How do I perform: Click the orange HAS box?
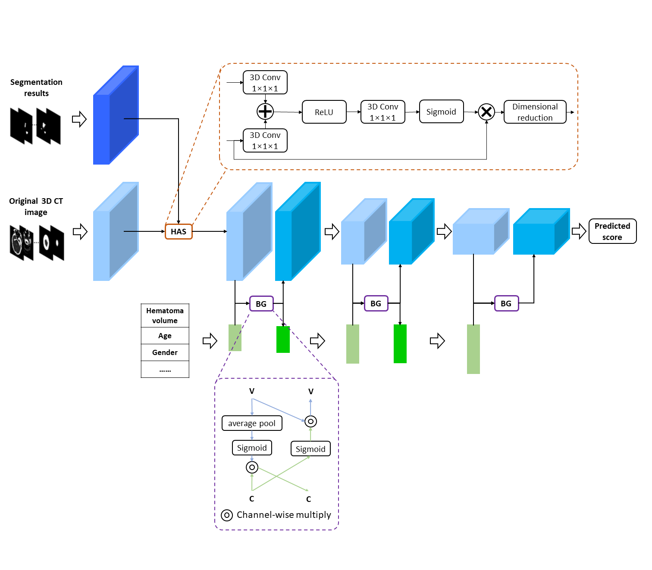point(179,232)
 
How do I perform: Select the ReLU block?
point(324,112)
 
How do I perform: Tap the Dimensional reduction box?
point(535,112)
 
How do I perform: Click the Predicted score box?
point(612,231)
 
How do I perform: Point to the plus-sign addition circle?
point(265,112)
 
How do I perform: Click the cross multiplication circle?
point(486,112)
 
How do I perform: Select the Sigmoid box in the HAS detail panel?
point(441,112)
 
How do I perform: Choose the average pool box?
point(252,423)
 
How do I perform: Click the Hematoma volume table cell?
point(165,315)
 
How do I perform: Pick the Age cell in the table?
point(165,336)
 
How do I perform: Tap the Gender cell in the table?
point(165,352)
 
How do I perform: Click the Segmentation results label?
point(36,87)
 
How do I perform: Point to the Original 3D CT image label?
point(36,206)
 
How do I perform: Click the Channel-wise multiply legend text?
point(284,515)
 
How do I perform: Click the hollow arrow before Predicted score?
point(579,231)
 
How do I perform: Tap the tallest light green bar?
point(473,349)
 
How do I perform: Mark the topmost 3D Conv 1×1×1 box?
point(265,82)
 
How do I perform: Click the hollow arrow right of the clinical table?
point(210,341)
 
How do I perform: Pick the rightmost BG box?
point(506,304)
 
